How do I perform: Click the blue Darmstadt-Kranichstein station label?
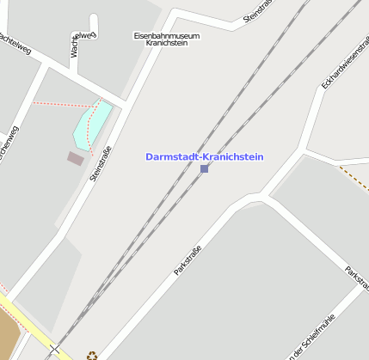point(205,157)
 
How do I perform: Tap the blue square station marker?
point(204,168)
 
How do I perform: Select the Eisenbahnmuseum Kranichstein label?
point(167,39)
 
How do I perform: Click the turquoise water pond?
point(91,125)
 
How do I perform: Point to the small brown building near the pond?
point(76,158)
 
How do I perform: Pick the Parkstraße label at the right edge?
point(356,277)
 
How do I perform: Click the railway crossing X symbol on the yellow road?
point(55,350)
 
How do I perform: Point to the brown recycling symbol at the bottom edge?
point(91,354)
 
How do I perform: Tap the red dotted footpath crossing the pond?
point(95,129)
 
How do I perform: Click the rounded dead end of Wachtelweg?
point(91,34)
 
